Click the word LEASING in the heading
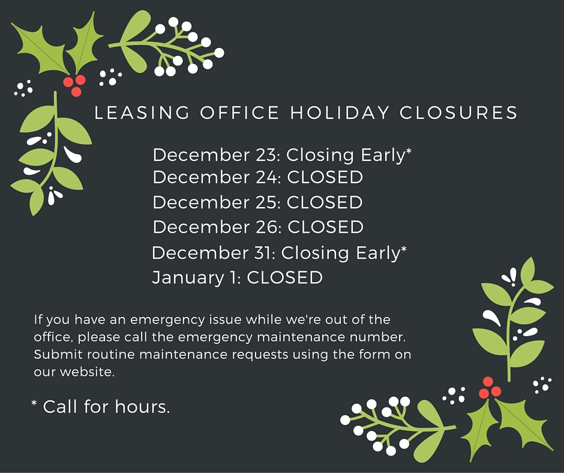click(142, 113)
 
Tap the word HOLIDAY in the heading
click(340, 113)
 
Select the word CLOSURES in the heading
click(458, 113)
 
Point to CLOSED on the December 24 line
click(325, 177)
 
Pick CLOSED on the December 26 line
click(326, 227)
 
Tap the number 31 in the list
click(265, 253)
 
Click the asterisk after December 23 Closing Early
click(409, 151)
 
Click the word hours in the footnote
click(142, 407)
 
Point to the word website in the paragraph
click(87, 372)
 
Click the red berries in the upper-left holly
click(74, 85)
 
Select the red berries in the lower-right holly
click(490, 388)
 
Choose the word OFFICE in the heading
click(239, 113)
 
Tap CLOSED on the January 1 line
click(285, 277)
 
